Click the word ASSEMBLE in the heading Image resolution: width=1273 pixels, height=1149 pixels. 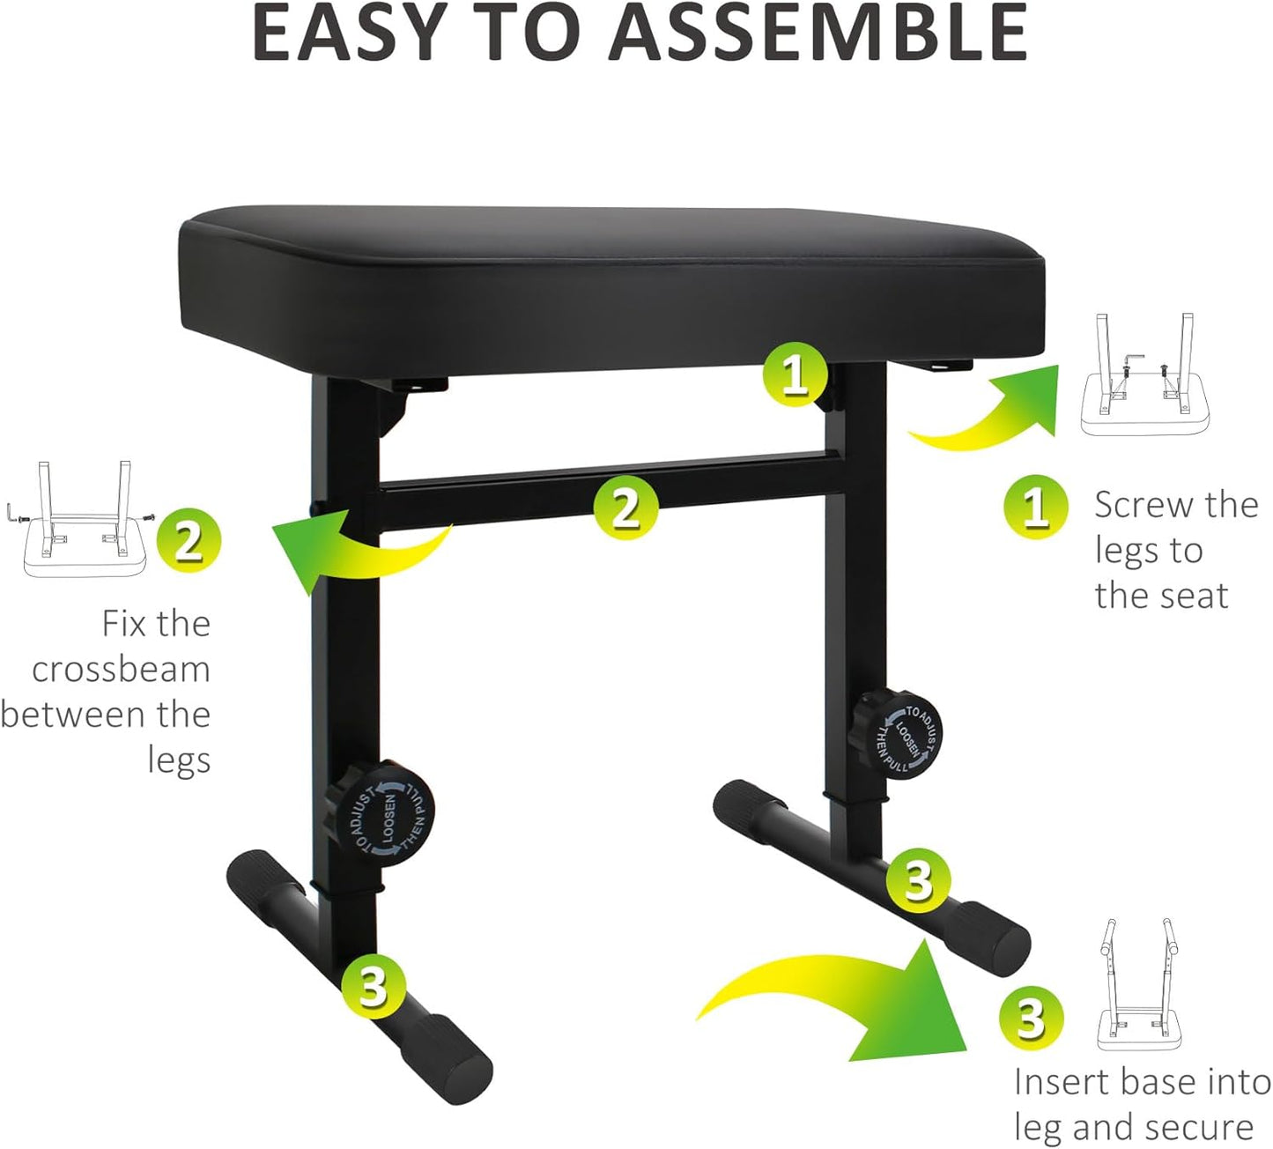818,33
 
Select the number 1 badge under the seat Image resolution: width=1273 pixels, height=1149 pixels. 795,374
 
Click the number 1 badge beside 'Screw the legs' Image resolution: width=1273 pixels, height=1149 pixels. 1035,507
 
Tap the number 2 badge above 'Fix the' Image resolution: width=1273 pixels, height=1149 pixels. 189,540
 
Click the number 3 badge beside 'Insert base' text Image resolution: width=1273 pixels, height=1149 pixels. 1031,1019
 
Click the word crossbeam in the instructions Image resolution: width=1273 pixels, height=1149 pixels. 121,670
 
